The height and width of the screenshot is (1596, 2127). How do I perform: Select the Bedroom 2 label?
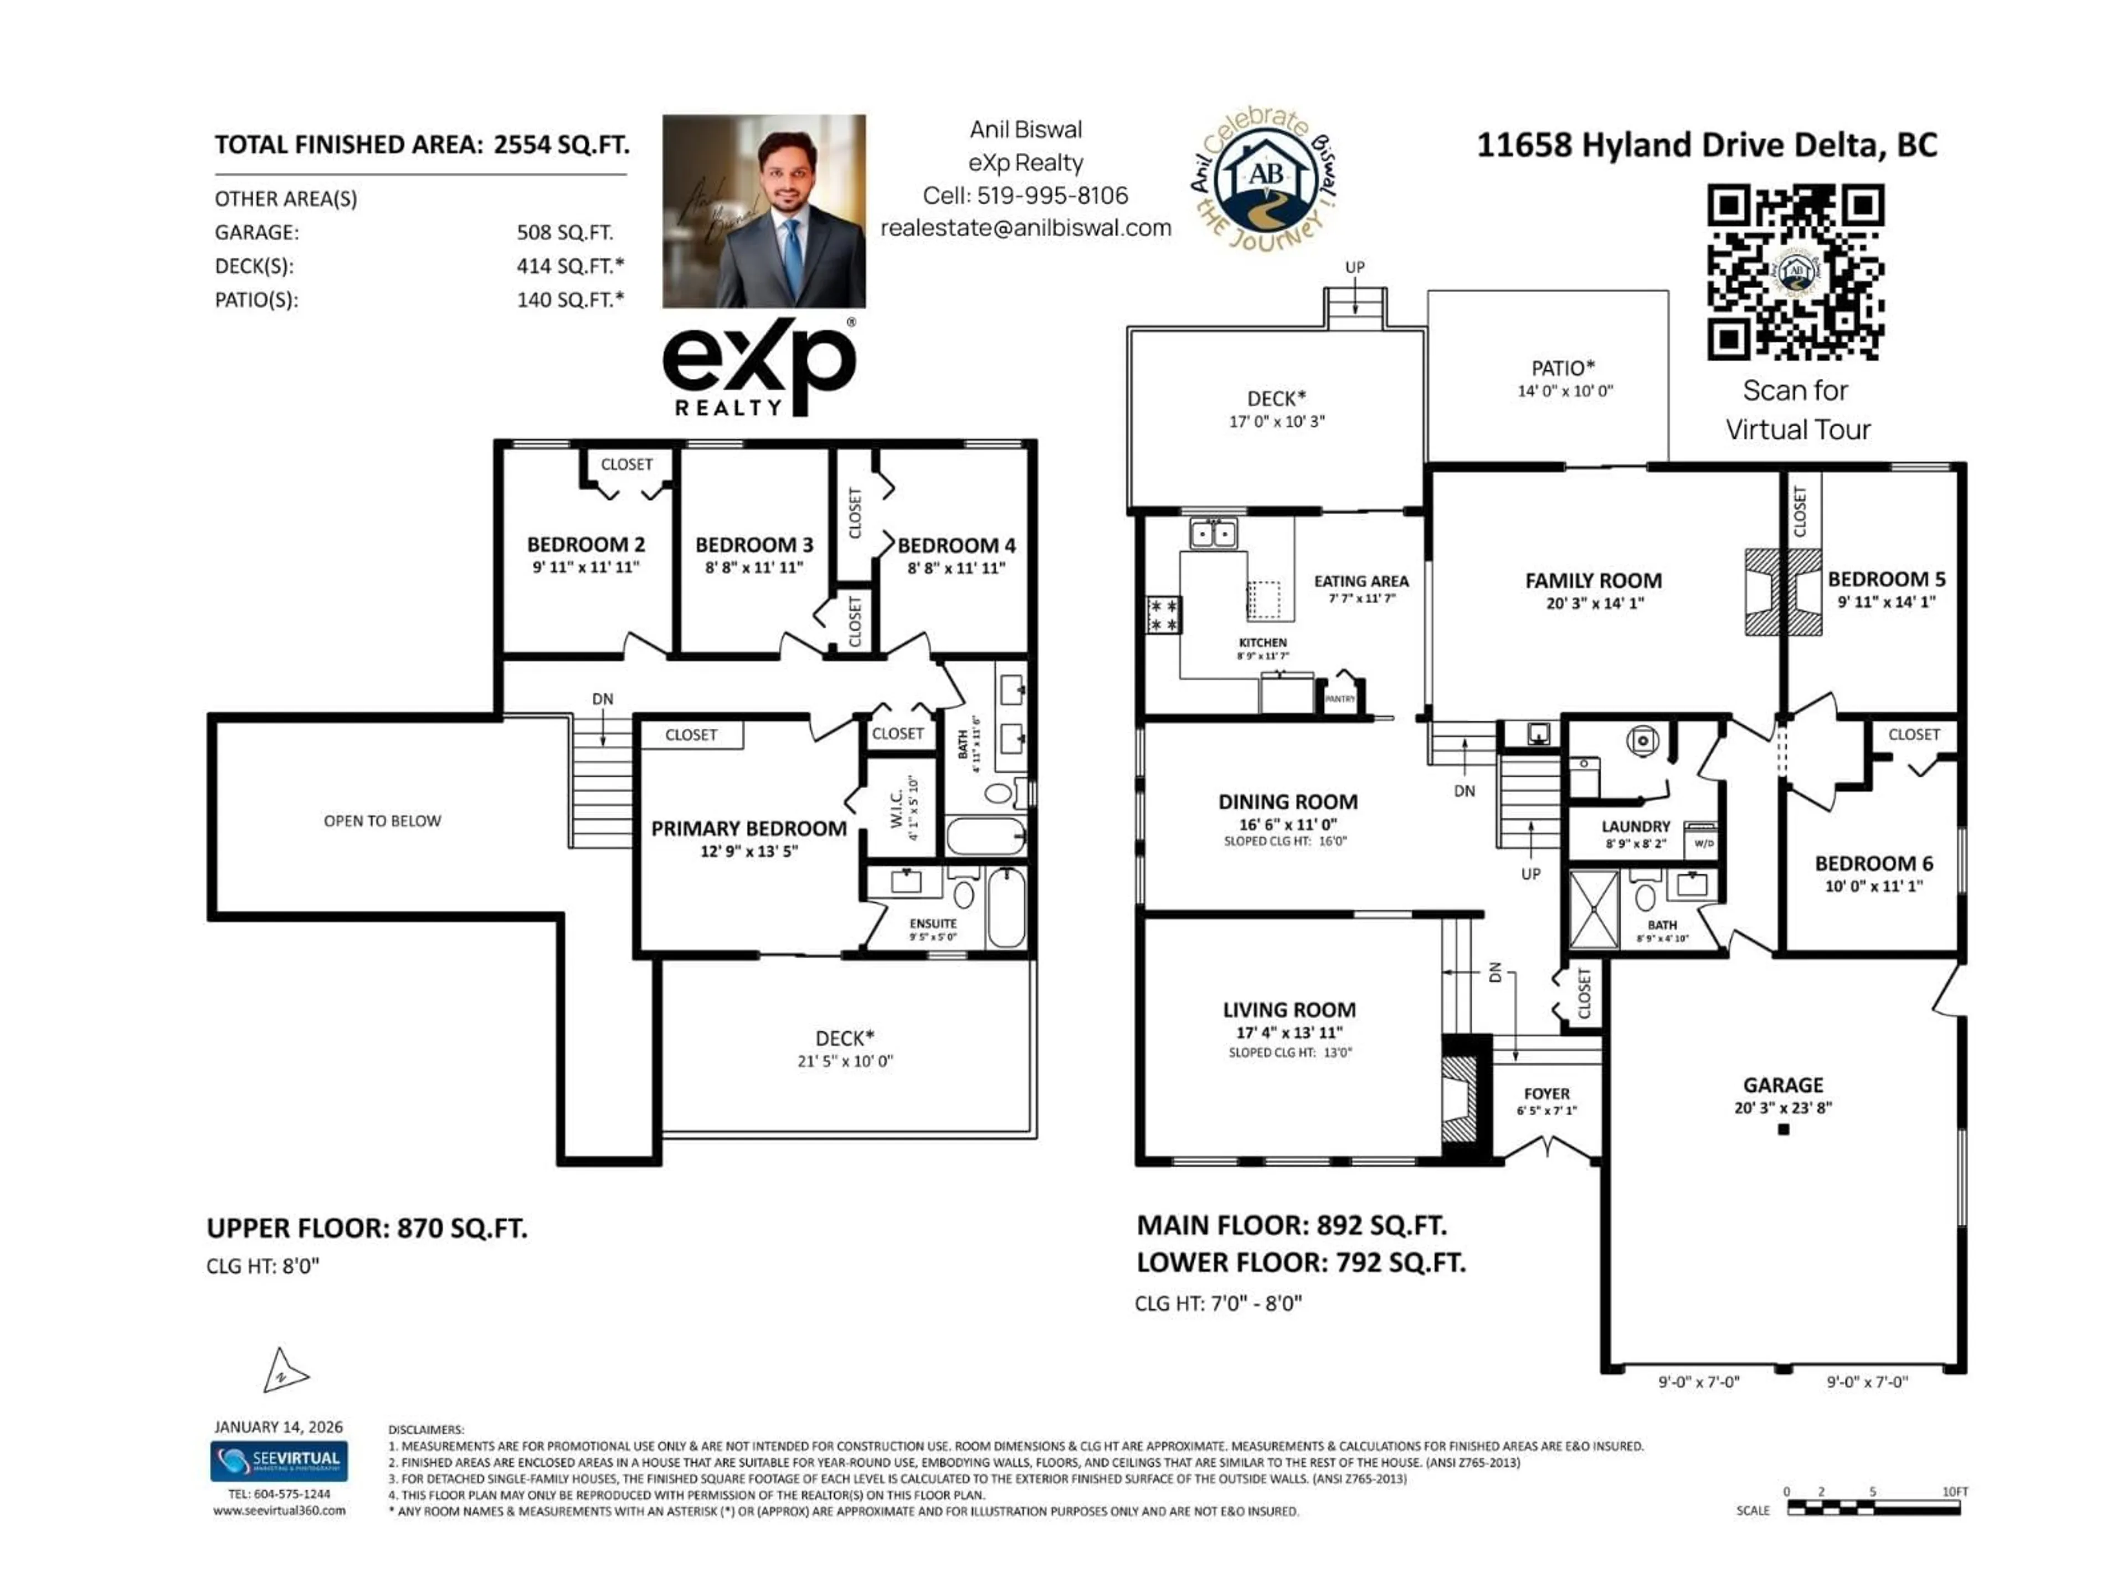585,545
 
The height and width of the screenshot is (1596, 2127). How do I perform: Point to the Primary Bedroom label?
748,828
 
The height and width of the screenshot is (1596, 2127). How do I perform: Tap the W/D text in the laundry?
1703,843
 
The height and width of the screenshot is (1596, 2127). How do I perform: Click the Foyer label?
1546,1094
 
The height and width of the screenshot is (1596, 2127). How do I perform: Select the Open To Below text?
382,821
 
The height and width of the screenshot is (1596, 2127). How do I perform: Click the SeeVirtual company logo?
279,1460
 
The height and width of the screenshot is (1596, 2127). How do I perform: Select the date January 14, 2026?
278,1426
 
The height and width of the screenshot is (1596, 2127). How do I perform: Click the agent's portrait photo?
763,212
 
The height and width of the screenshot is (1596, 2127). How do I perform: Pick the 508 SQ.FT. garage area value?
564,233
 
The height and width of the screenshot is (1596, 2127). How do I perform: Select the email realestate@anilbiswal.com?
1025,228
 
